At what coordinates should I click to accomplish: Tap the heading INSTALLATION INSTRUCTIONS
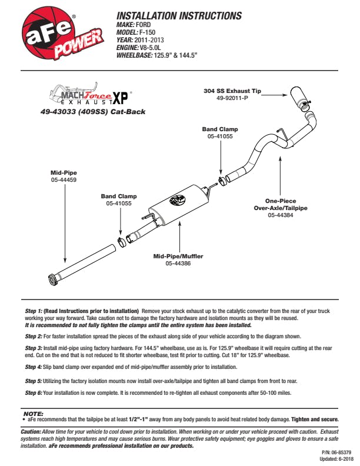[x=179, y=15]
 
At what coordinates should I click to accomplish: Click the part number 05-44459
[x=64, y=179]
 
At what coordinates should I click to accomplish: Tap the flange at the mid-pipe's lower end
[x=52, y=278]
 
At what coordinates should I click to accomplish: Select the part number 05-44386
[x=177, y=264]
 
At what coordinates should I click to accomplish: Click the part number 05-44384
[x=281, y=215]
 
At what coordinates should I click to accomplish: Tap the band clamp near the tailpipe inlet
[x=221, y=179]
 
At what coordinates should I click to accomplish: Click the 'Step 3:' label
[x=34, y=348]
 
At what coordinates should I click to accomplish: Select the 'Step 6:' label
[x=34, y=392]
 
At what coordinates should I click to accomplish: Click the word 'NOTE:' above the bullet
[x=32, y=414]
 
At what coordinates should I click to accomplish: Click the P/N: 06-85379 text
[x=335, y=453]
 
